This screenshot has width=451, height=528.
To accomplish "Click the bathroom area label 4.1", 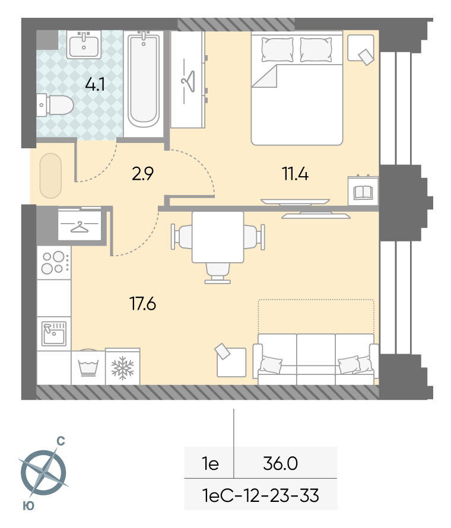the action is point(94,84).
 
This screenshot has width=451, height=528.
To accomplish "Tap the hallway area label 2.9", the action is point(142,174).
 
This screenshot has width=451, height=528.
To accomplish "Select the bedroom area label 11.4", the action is point(295,174).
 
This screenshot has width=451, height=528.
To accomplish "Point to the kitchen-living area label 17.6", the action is point(142,304).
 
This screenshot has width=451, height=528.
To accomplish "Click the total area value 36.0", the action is point(280,464).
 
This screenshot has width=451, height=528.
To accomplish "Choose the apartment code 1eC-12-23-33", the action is point(261,495).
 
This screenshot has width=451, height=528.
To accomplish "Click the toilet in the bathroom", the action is point(55,105).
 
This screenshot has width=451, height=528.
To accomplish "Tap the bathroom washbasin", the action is point(84,44).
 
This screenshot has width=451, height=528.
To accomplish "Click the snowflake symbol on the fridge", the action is point(123,368).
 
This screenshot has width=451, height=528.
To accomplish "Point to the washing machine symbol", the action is point(88,368).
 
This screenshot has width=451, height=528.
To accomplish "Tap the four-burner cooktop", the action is point(54,263).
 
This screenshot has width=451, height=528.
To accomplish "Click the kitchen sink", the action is point(54,333).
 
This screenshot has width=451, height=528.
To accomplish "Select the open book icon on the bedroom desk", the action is point(363,193).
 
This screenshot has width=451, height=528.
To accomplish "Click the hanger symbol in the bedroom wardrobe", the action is point(188,81).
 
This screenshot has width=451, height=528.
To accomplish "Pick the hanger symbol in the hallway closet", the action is point(80,227).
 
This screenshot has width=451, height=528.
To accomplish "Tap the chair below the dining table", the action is point(218,273).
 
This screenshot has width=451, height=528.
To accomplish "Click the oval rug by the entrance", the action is point(50,176).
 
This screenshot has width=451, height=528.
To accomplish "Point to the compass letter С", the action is point(61,441).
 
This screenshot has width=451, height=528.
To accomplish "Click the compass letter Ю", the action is point(28,506).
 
